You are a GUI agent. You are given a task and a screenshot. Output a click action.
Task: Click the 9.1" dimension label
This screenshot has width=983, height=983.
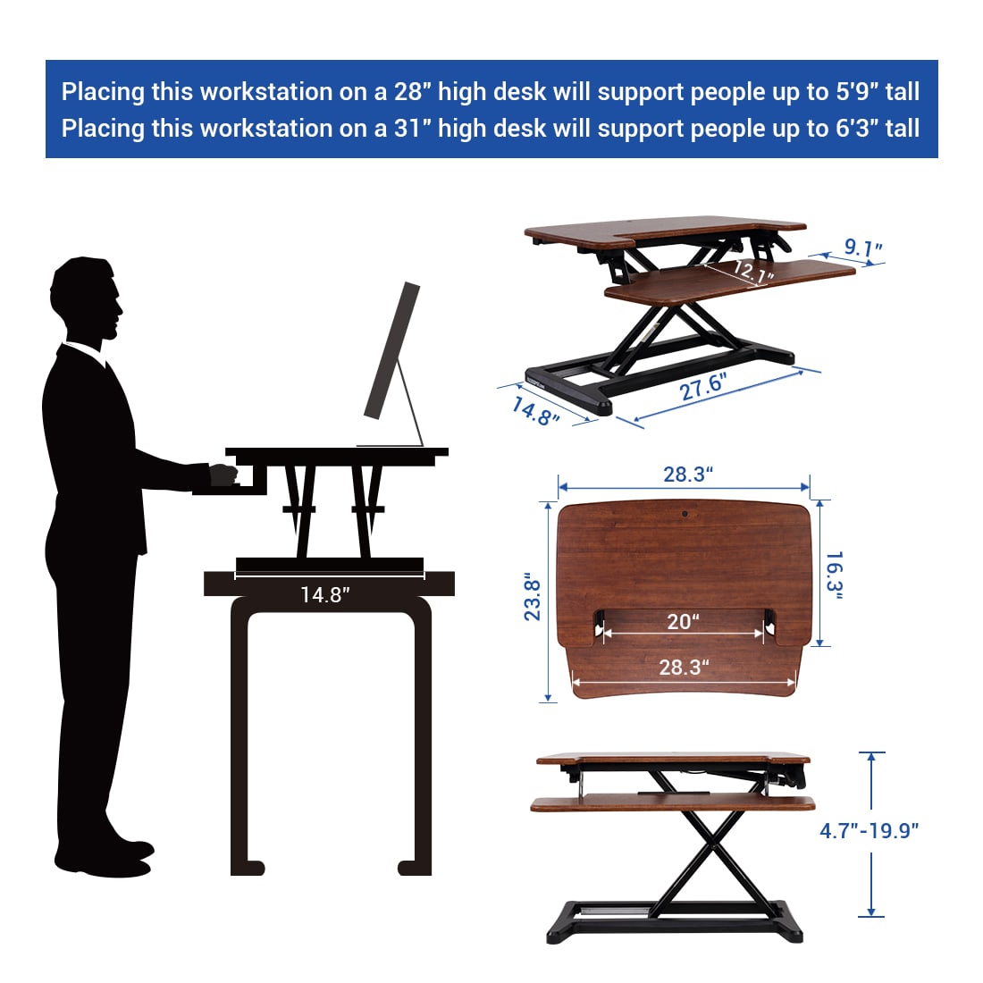(x=862, y=248)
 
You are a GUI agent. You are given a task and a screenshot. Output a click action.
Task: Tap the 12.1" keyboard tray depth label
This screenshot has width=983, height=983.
(x=753, y=272)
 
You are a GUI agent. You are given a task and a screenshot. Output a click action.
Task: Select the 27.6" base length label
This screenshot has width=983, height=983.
(x=703, y=386)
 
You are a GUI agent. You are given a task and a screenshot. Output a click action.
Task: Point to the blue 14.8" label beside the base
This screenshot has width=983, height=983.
(x=534, y=412)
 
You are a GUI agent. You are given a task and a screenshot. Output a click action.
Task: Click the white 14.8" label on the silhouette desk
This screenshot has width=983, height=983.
(x=324, y=594)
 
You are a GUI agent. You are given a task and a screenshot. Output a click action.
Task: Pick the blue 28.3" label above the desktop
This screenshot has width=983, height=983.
(x=688, y=474)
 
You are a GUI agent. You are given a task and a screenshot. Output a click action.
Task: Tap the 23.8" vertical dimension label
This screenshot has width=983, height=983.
(x=532, y=596)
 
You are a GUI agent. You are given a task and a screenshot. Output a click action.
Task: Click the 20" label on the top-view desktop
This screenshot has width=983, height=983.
(x=683, y=621)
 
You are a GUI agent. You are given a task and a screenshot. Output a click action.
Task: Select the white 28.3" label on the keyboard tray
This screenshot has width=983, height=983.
(x=684, y=667)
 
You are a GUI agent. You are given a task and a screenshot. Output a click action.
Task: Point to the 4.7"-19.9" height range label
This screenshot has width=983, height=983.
(x=869, y=831)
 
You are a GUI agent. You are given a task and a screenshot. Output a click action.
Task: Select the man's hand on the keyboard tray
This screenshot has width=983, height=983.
(x=223, y=475)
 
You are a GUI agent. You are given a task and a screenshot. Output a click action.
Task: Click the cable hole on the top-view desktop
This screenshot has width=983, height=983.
(x=685, y=514)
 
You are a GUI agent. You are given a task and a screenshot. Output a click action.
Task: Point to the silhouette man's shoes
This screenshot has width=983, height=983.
(x=104, y=858)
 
